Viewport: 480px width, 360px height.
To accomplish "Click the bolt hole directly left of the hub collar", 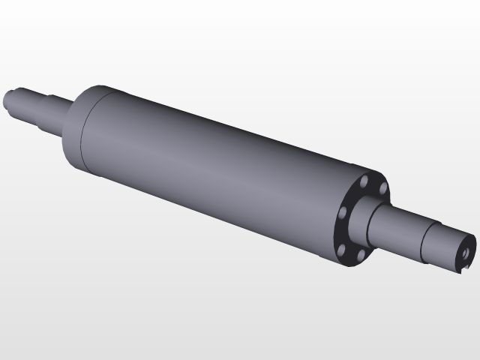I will click(342, 214).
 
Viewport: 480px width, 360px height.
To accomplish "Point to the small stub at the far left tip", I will click(8, 97).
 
